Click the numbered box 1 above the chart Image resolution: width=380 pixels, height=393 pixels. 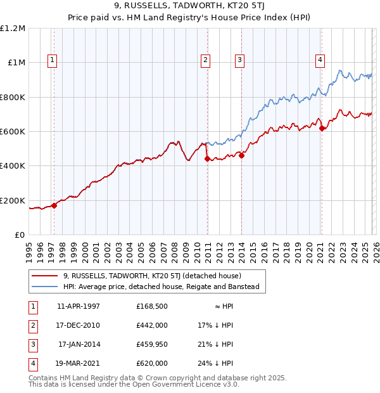52,60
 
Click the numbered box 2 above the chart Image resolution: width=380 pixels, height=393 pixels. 206,60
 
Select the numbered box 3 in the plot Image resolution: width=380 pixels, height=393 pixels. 240,60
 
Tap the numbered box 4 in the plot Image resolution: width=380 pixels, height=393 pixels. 320,60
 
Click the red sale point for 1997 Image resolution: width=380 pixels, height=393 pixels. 54,205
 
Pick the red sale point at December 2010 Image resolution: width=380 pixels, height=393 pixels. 207,159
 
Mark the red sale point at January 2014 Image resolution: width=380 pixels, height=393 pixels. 241,155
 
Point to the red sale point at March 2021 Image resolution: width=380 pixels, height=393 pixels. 322,128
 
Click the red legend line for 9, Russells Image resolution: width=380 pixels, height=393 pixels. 46,276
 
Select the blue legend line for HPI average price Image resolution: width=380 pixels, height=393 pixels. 46,287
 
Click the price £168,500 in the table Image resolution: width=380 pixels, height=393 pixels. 152,306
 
